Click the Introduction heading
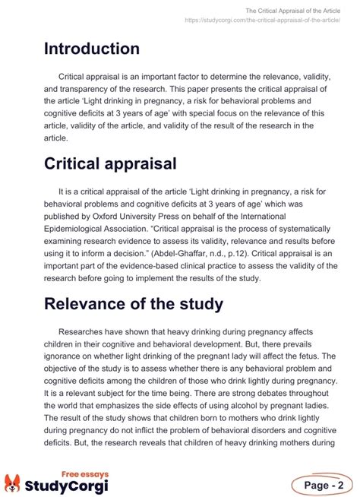(91, 49)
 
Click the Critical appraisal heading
(110, 163)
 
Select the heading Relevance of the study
(133, 305)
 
